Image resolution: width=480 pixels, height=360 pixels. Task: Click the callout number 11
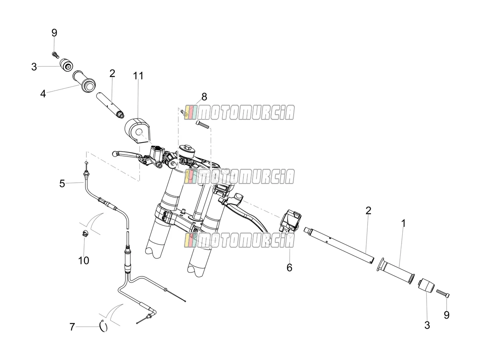point(138,76)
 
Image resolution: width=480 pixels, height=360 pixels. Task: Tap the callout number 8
point(204,97)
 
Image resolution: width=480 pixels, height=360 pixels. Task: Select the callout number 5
point(62,184)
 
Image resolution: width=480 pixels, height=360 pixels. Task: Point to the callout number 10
point(84,260)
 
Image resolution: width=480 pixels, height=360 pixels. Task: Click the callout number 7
point(72,327)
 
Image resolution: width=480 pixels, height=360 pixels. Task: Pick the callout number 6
point(289,268)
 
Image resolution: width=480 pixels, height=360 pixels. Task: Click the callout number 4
point(43,94)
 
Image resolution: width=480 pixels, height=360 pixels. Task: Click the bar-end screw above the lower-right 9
point(443,293)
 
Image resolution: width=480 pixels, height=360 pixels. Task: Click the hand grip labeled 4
point(84,81)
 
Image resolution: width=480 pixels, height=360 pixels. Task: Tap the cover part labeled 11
point(137,131)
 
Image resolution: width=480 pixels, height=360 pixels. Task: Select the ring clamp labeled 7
point(104,327)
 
